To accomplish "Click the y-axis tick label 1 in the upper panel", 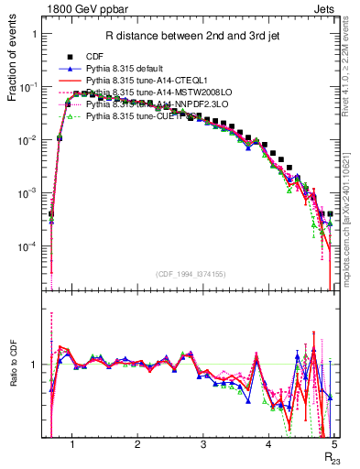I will click(x=34, y=34).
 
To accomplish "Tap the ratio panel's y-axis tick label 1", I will click(x=34, y=365).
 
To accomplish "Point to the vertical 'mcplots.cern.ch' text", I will click(x=352, y=238).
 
